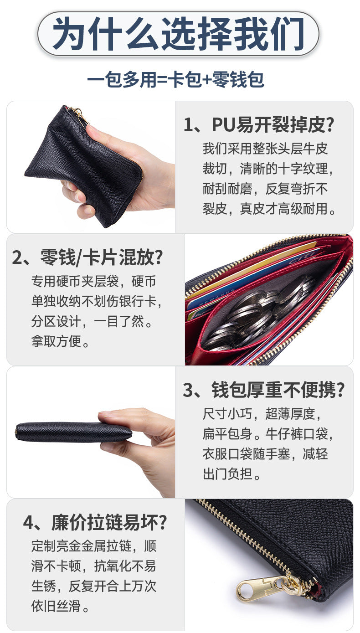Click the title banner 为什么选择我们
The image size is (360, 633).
point(178,34)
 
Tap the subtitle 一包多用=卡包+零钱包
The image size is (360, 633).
point(175,80)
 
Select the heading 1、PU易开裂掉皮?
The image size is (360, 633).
point(259,124)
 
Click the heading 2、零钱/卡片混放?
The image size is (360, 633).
point(87,257)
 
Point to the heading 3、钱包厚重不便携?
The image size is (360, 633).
point(264,390)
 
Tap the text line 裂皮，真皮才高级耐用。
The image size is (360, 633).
point(269,209)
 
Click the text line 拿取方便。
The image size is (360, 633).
point(61,341)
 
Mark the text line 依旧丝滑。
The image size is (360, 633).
point(61,606)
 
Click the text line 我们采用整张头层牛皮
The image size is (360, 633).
point(265,149)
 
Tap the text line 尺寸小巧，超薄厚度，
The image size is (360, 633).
point(262,414)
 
